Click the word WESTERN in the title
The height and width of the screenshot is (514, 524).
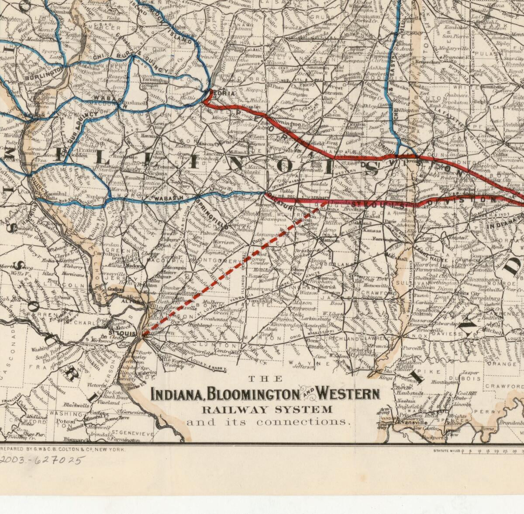pyautogui.click(x=348, y=394)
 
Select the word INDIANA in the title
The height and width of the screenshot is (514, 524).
pyautogui.click(x=177, y=394)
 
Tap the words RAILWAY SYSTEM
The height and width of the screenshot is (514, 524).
pyautogui.click(x=266, y=410)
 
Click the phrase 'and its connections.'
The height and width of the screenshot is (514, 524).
pyautogui.click(x=269, y=422)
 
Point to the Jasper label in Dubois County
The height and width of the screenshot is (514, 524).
pyautogui.click(x=470, y=373)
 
